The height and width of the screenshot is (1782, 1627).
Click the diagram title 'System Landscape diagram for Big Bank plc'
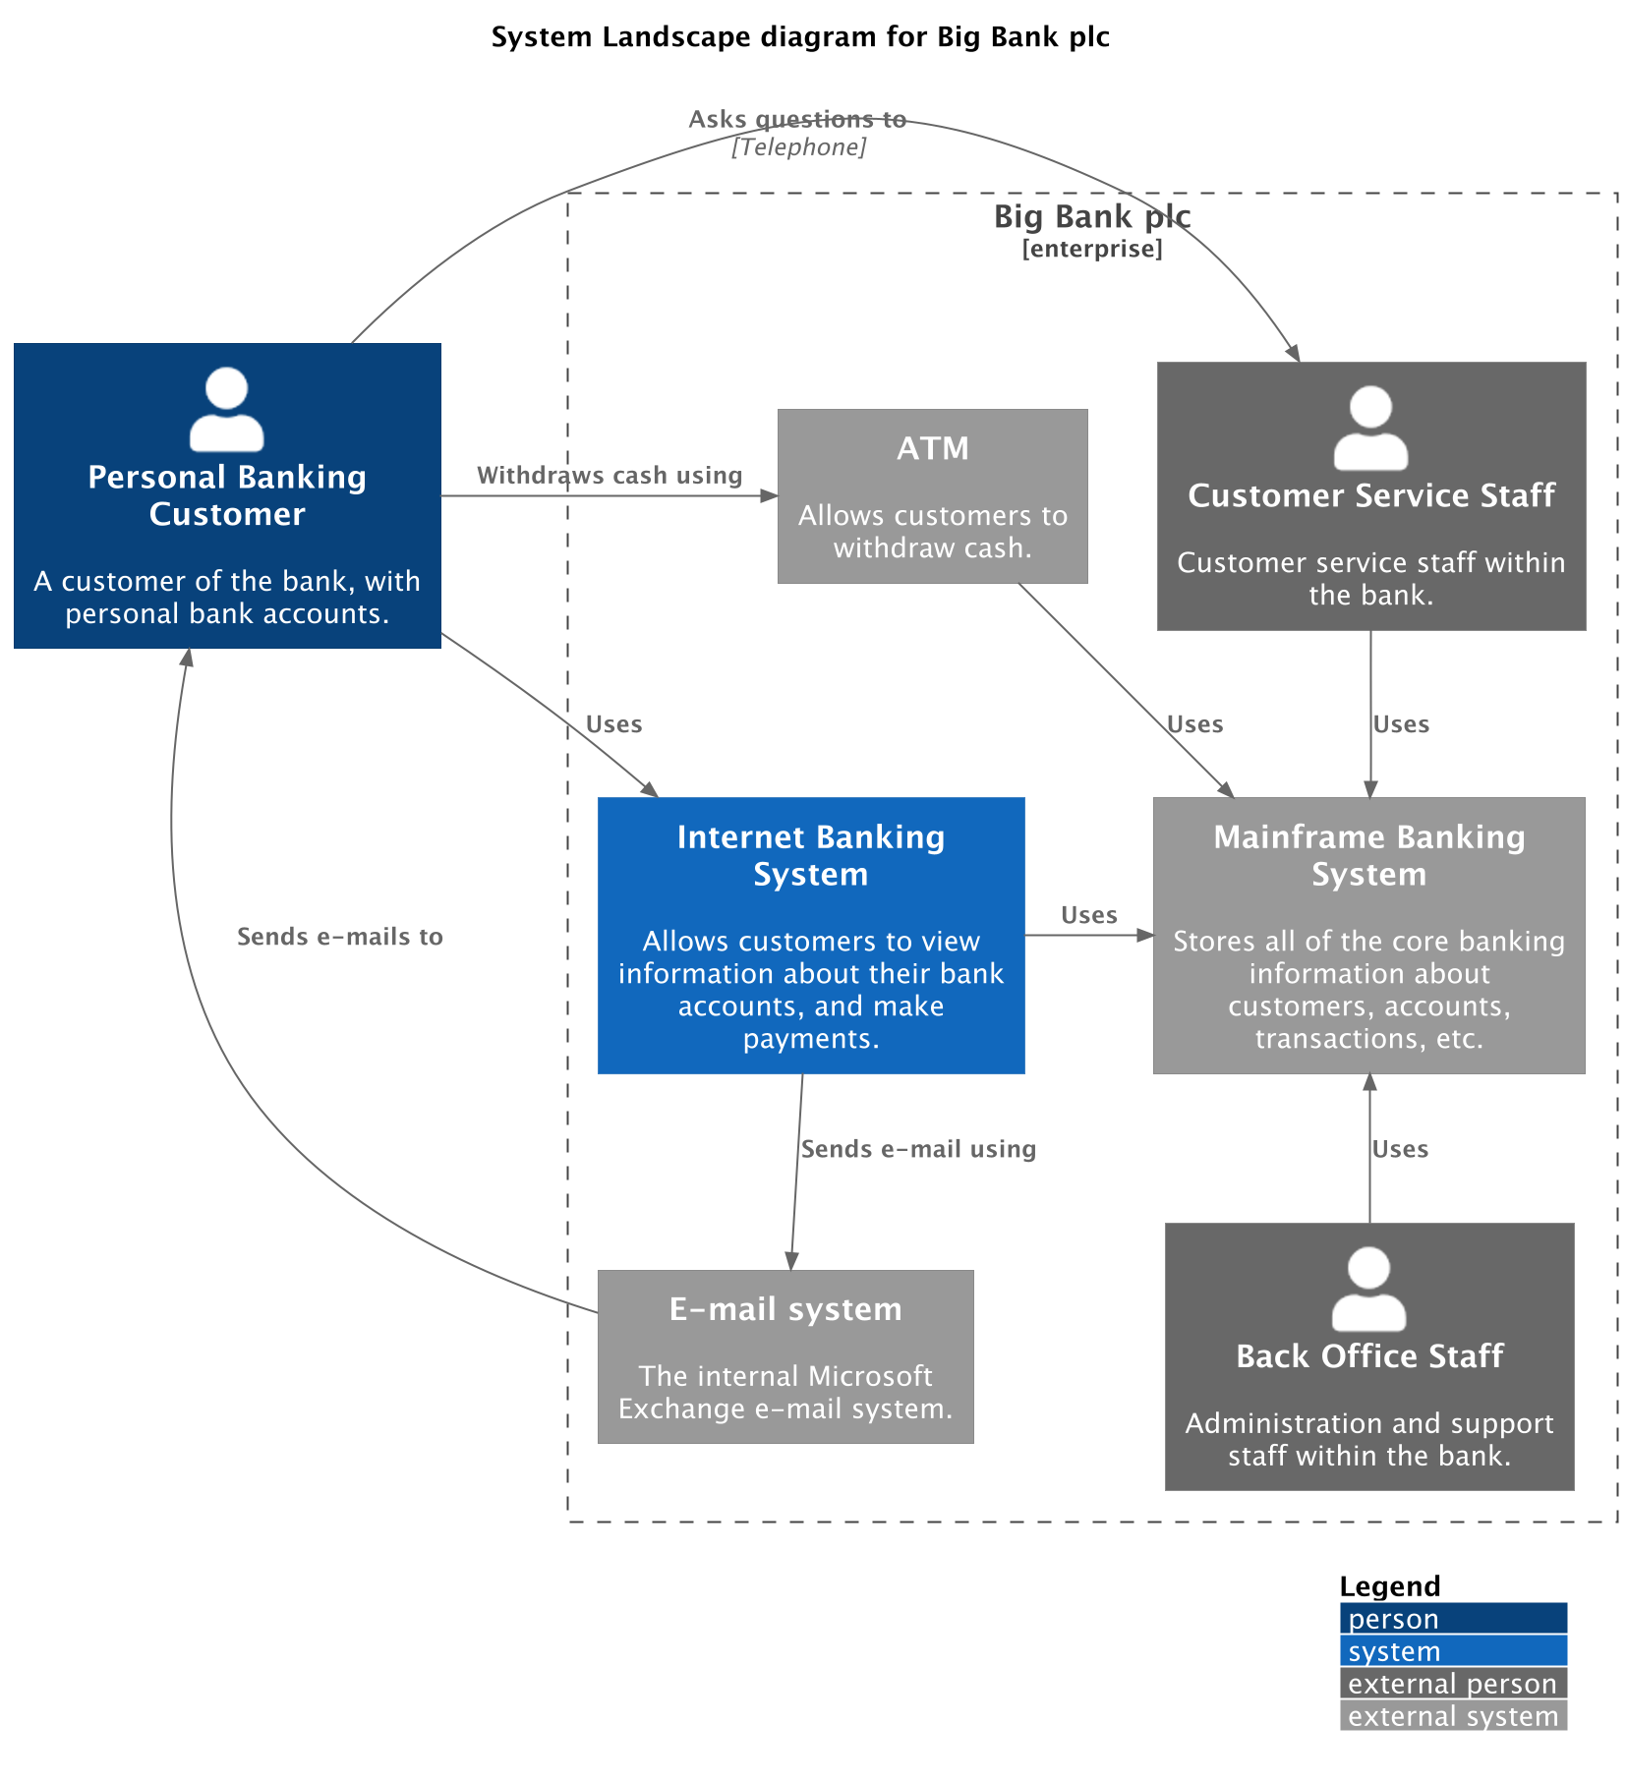coord(800,37)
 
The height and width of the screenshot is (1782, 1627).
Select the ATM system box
coord(932,496)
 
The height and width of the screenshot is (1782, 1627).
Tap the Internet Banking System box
coord(811,935)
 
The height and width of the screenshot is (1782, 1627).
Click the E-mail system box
coord(785,1356)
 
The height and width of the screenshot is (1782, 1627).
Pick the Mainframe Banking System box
coord(1368,935)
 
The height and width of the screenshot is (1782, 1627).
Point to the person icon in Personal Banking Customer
coord(227,409)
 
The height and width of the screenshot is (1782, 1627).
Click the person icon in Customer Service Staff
coord(1370,428)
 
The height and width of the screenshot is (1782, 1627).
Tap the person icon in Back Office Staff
coord(1368,1289)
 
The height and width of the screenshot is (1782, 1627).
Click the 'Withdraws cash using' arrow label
coord(610,476)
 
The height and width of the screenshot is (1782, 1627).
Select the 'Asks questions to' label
coord(797,119)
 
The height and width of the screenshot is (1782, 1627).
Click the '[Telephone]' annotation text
coord(798,147)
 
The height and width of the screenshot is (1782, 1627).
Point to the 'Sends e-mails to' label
coord(340,937)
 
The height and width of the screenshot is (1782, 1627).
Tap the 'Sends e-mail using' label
coord(918,1149)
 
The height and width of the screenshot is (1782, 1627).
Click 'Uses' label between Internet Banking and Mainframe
coord(1088,915)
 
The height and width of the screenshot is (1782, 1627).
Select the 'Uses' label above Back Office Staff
coord(1400,1149)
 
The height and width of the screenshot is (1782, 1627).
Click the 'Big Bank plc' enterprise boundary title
coord(1091,216)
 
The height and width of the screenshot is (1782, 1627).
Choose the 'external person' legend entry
coord(1452,1684)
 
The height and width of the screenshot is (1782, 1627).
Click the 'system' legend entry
coord(1452,1651)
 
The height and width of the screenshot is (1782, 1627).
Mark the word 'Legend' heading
coord(1389,1586)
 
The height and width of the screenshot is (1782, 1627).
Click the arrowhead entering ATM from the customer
coord(770,496)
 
